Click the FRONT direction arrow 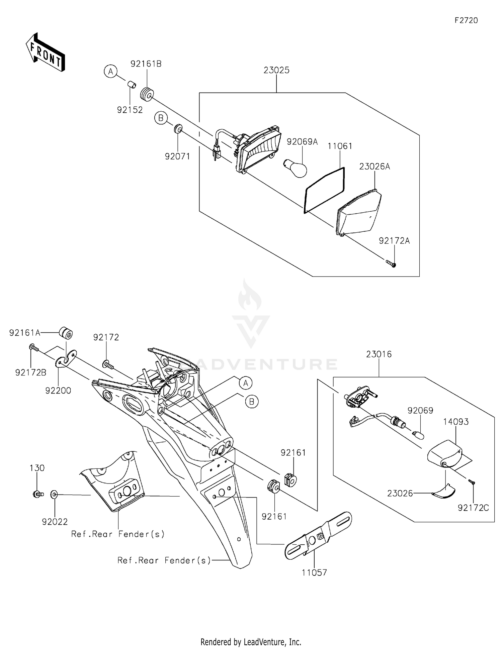click(x=45, y=52)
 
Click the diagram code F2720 click(x=466, y=20)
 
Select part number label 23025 click(x=276, y=70)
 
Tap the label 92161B click(x=146, y=64)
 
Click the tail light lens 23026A click(x=359, y=212)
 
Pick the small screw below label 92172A click(x=391, y=264)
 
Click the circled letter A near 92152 click(x=110, y=71)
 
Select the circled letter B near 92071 click(x=161, y=118)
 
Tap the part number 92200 click(x=58, y=391)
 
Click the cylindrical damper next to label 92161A click(x=66, y=333)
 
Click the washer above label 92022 click(x=54, y=494)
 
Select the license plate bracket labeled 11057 click(x=318, y=535)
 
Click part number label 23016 click(x=379, y=354)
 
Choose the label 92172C click(x=473, y=508)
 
